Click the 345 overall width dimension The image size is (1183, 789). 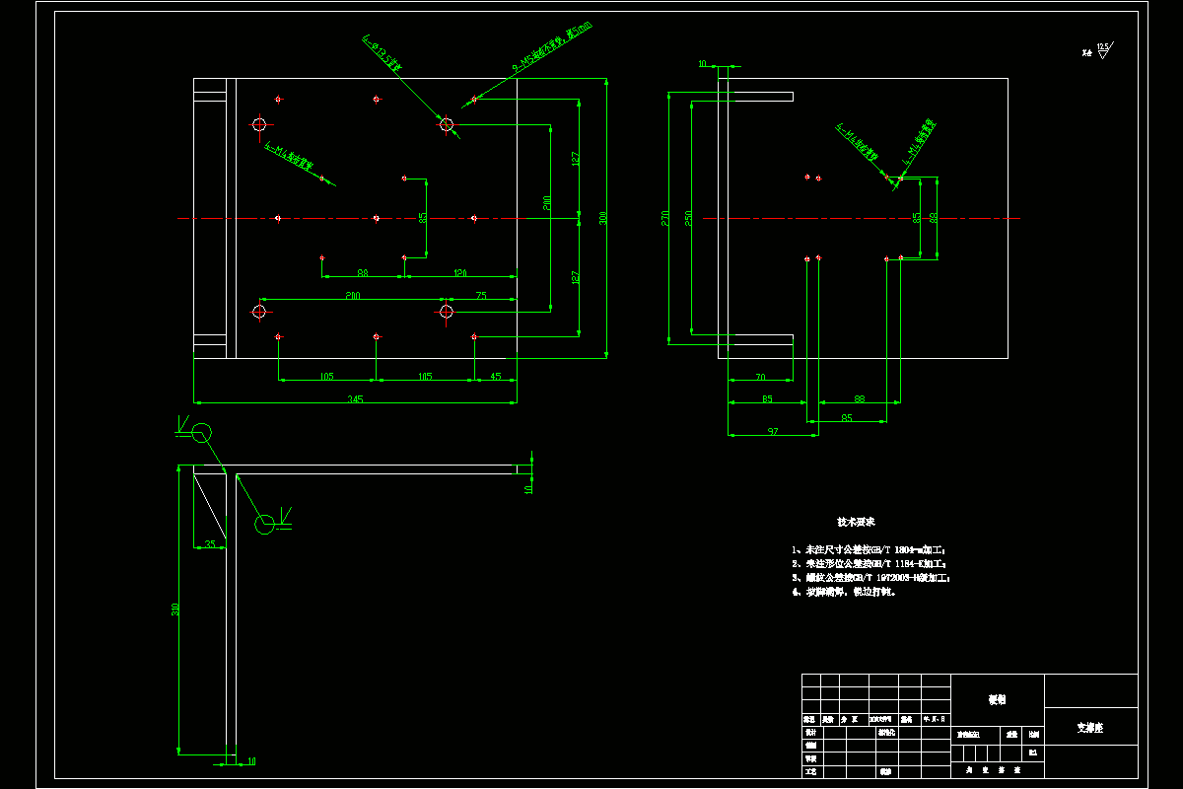(x=355, y=398)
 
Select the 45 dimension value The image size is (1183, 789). (x=495, y=376)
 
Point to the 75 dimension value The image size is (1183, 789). (x=481, y=295)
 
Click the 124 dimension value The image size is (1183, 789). (x=459, y=272)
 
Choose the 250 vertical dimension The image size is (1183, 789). (x=688, y=217)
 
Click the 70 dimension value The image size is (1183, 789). (x=760, y=376)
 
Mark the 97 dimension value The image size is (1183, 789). (x=772, y=431)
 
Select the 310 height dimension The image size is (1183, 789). (x=174, y=610)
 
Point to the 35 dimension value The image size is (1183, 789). (x=209, y=543)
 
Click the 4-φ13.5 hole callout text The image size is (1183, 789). (x=383, y=53)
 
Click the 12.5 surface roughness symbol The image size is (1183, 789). (x=1102, y=47)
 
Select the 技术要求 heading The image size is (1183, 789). (x=856, y=521)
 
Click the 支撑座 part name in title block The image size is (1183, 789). (x=1089, y=728)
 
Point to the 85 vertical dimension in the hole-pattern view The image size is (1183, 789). (x=423, y=218)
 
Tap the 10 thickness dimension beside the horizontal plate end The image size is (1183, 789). (x=529, y=487)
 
